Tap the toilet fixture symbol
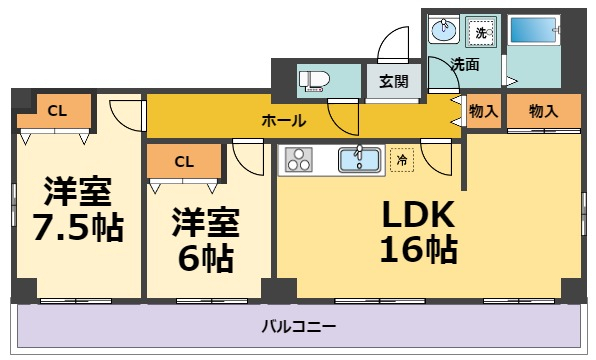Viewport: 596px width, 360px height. [x=315, y=80]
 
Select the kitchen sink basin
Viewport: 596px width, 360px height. [x=359, y=159]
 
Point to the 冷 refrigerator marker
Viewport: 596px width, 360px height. [x=402, y=159]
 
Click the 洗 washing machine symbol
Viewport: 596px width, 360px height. [x=481, y=33]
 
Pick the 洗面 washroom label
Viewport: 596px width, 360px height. [x=464, y=64]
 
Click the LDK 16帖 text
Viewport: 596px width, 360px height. [x=418, y=231]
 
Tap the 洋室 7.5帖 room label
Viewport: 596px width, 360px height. [x=76, y=211]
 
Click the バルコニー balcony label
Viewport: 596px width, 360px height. [x=299, y=326]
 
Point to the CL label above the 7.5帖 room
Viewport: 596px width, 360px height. [x=58, y=110]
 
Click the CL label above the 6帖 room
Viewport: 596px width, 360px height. [x=183, y=160]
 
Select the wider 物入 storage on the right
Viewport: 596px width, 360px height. [x=543, y=111]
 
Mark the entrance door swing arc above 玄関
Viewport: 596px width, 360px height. [x=392, y=45]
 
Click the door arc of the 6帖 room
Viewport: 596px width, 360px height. [x=245, y=157]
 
